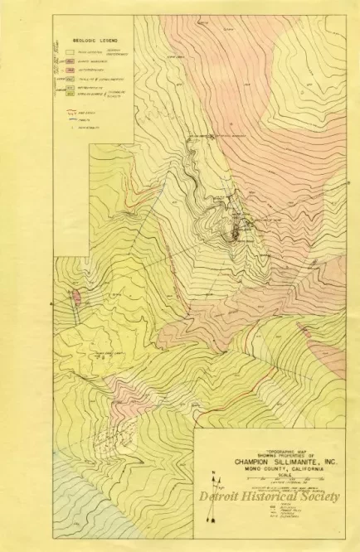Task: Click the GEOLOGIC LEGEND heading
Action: coord(83,38)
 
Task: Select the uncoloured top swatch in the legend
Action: coord(72,51)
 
